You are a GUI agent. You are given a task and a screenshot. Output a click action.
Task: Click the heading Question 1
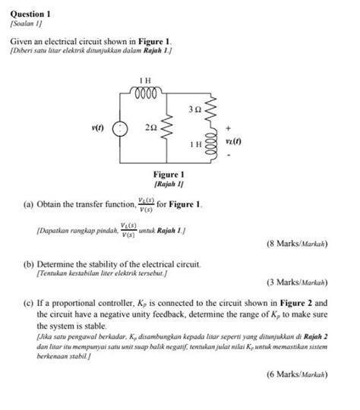pos(29,14)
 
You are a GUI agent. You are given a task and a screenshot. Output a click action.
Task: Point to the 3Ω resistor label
pos(194,111)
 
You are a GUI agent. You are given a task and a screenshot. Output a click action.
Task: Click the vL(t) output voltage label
pos(233,142)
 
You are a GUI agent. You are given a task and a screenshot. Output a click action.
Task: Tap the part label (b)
pos(29,263)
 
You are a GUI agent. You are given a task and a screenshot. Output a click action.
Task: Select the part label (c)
pos(29,301)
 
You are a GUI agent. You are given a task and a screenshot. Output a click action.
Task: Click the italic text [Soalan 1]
pos(28,25)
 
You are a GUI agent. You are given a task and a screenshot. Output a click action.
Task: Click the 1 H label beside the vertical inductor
pos(196,143)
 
